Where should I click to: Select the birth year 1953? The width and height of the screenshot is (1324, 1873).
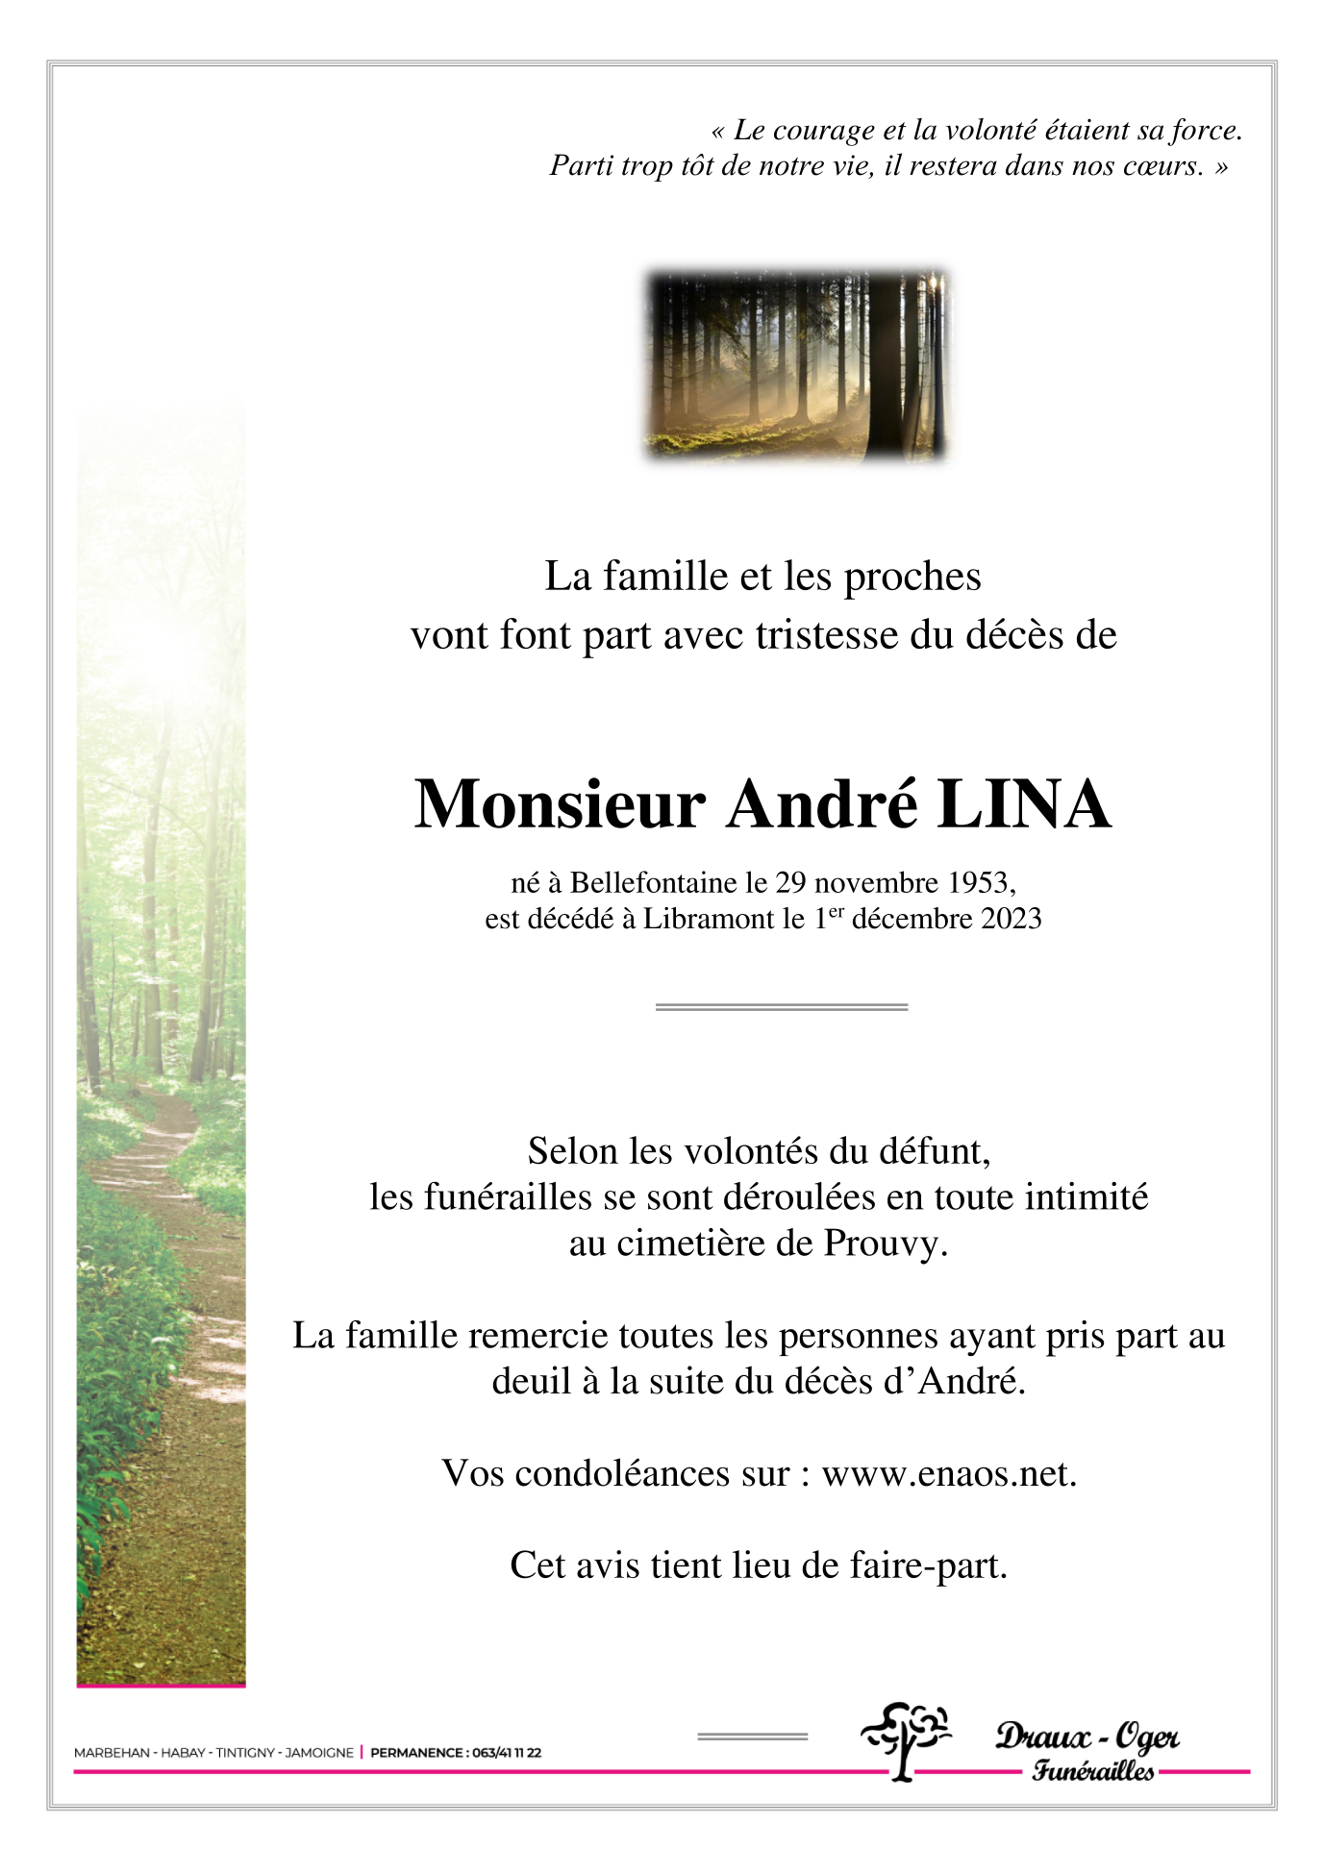coord(978,882)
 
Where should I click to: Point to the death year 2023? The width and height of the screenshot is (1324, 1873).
coord(1011,919)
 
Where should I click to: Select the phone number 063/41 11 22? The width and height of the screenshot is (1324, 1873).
coord(507,1753)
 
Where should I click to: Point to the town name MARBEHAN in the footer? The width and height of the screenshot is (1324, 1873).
coord(112,1753)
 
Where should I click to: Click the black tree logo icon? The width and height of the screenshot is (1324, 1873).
coord(904,1739)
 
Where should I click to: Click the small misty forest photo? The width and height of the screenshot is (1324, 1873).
coord(796,365)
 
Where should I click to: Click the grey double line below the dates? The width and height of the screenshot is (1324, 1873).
coord(781,1007)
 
